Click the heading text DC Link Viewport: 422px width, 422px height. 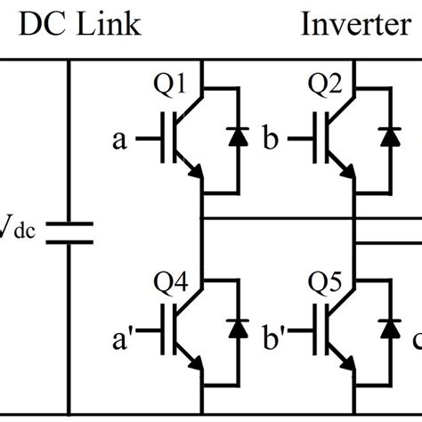[80, 24]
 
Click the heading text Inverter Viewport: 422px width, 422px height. [353, 24]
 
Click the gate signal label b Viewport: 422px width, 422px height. [272, 139]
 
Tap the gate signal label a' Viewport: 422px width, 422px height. [122, 339]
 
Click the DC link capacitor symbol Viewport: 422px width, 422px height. [69, 232]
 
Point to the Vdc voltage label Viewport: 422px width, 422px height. [15, 233]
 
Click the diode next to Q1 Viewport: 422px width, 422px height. [238, 138]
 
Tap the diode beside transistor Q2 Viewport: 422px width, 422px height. [389, 138]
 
